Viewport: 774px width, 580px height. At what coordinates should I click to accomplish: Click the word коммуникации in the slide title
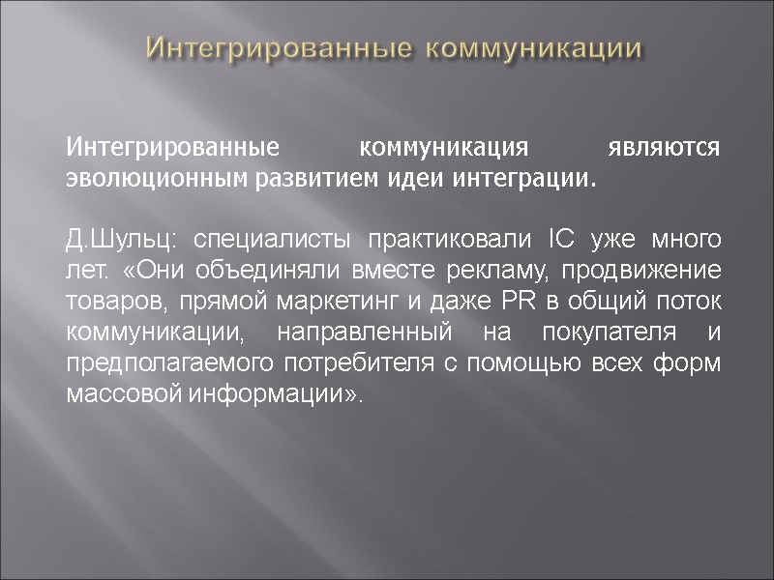pos(534,47)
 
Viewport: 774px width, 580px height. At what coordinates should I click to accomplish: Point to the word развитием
pos(302,180)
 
